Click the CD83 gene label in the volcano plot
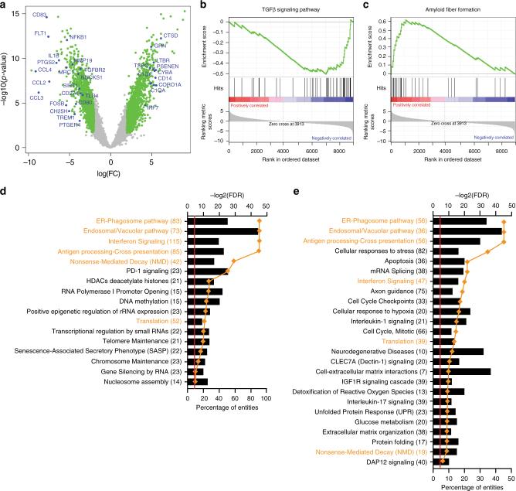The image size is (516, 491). pos(40,15)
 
